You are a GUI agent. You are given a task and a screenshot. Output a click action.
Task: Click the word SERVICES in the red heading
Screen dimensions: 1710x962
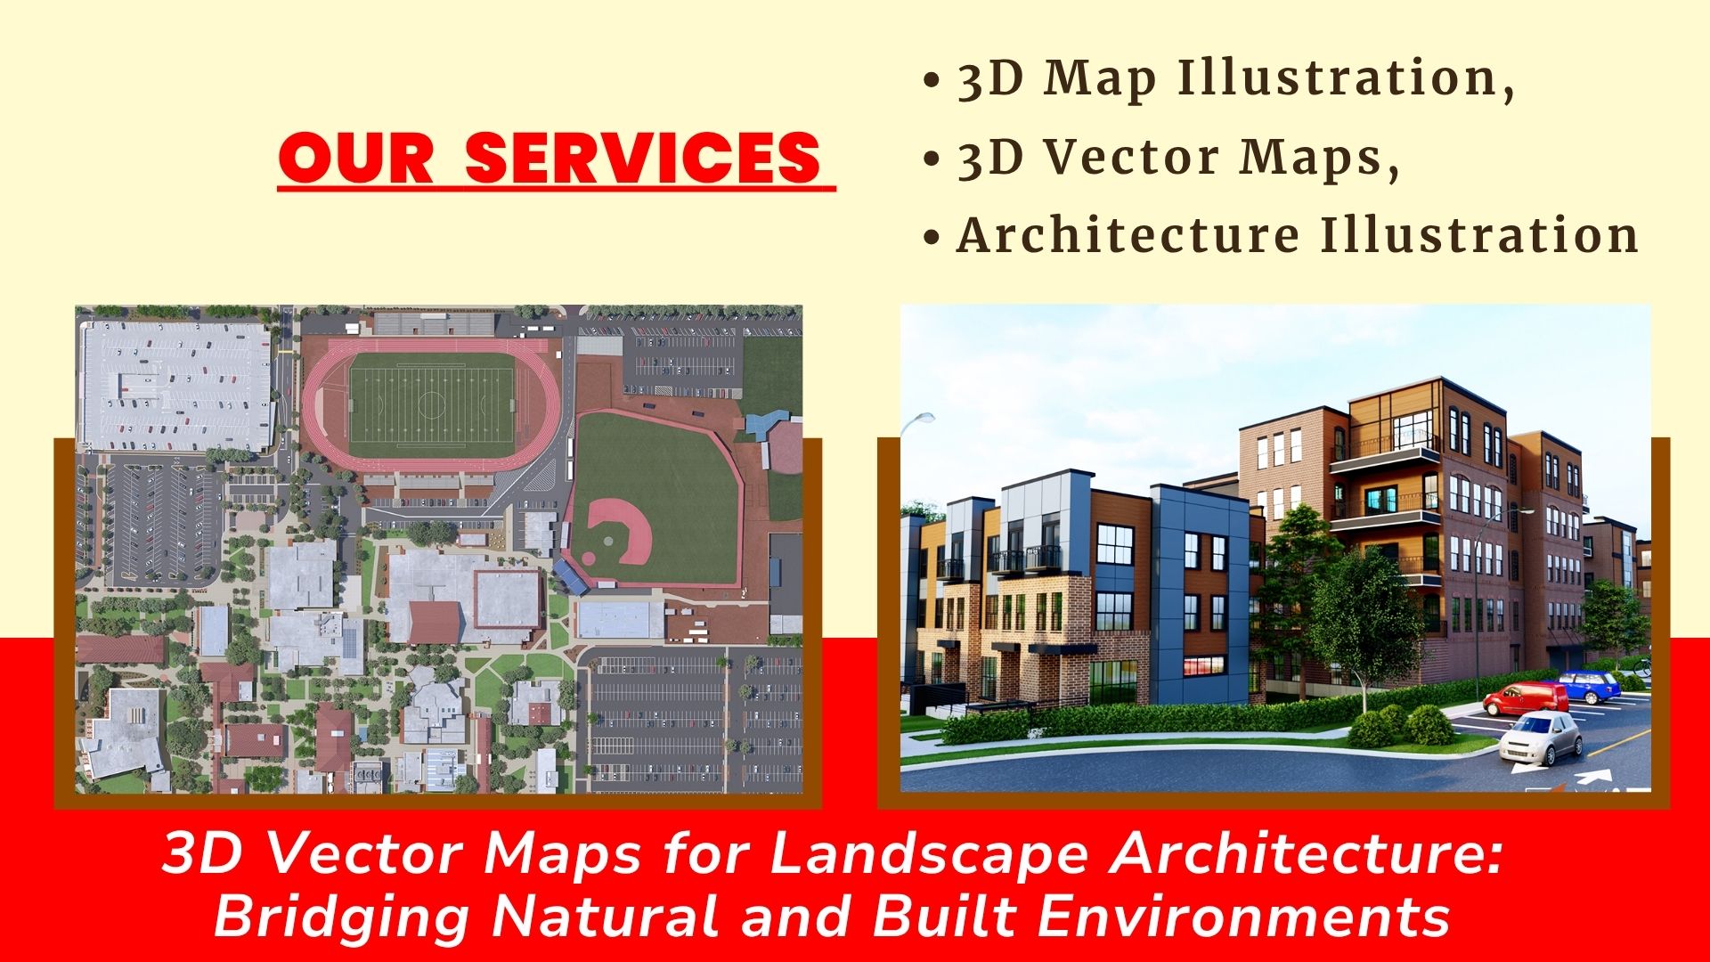(642, 158)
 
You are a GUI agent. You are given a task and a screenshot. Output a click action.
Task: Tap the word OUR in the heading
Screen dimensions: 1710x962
(356, 158)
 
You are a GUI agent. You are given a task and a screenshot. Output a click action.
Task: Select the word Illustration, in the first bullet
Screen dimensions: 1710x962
(1346, 77)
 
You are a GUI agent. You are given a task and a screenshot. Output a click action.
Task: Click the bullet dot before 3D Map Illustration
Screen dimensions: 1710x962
(932, 80)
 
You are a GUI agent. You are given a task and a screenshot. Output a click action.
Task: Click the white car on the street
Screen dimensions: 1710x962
(1541, 737)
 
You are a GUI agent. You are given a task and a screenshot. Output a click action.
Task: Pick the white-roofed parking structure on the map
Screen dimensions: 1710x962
(175, 386)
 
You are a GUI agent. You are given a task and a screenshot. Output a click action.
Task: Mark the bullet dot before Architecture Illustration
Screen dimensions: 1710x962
(932, 237)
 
